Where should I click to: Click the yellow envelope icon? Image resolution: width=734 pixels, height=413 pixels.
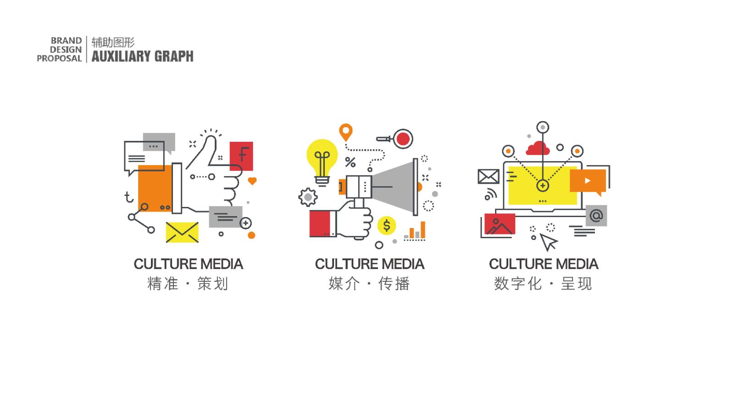click(182, 232)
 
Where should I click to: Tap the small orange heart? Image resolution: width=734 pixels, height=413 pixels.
click(252, 181)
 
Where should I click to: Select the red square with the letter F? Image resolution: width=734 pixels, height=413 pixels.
click(241, 156)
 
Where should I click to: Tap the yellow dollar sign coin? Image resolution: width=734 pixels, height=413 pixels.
click(387, 225)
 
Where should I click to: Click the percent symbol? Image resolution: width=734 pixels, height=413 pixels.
click(350, 162)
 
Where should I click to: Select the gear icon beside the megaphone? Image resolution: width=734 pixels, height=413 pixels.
click(308, 197)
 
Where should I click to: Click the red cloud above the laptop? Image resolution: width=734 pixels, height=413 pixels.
click(537, 148)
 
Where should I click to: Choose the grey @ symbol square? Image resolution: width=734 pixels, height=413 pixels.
click(596, 216)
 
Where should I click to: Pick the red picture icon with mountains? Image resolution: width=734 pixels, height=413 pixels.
click(500, 224)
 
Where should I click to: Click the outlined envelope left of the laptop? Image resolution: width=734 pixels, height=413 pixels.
click(489, 176)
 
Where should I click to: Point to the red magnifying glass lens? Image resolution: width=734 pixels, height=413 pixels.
click(403, 139)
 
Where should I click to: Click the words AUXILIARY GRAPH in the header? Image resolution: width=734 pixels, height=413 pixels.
click(143, 56)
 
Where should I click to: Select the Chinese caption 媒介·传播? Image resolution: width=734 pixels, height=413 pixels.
click(369, 284)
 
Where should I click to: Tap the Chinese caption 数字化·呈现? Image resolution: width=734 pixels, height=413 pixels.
click(543, 284)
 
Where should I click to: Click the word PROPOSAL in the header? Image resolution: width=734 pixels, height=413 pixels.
click(59, 58)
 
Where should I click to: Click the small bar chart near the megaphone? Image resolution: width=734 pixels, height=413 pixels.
click(415, 231)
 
